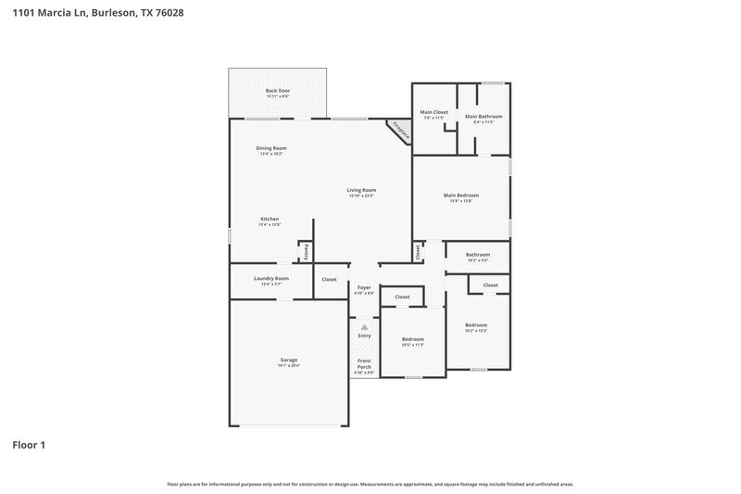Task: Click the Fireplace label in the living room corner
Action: (399, 131)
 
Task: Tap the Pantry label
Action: (305, 251)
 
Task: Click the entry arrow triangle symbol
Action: (364, 326)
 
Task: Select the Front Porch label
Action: (364, 363)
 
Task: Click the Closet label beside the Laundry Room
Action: (329, 279)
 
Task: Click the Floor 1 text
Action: (29, 445)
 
